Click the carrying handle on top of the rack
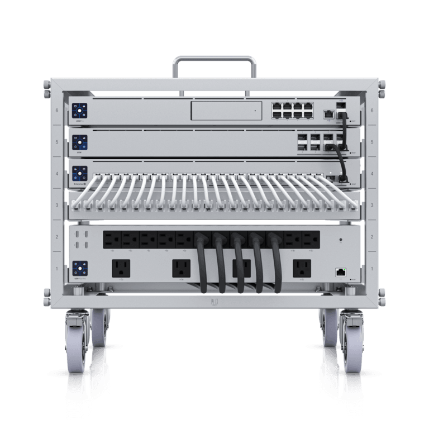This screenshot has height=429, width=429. click(x=214, y=59)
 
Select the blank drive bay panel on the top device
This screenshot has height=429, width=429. click(x=226, y=111)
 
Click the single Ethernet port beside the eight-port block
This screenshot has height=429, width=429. click(x=330, y=113)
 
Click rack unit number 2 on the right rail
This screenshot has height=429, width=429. click(x=371, y=237)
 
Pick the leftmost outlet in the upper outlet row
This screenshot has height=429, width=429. click(x=112, y=240)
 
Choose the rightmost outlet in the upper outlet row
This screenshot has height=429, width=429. click(x=311, y=240)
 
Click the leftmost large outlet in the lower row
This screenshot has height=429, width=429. click(x=121, y=268)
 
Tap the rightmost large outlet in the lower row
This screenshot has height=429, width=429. click(x=302, y=268)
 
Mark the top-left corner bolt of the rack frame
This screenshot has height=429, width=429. click(x=46, y=85)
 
